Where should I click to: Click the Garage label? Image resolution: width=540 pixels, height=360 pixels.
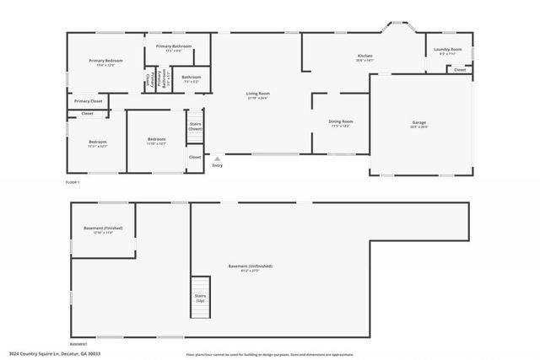tap(419, 124)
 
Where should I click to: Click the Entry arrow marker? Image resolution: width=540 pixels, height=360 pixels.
tap(218, 159)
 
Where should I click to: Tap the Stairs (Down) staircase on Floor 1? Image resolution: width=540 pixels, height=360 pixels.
tap(195, 127)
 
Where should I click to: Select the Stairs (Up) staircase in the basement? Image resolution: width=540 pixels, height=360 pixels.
tap(200, 298)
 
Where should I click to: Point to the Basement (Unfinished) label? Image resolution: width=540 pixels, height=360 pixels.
tap(251, 268)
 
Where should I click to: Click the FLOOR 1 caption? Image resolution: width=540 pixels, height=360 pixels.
tap(73, 182)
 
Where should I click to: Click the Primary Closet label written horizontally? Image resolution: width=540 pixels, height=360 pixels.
tap(88, 101)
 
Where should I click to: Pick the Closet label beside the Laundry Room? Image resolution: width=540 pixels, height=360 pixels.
tap(460, 70)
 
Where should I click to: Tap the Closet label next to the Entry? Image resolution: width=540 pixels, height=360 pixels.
tap(195, 157)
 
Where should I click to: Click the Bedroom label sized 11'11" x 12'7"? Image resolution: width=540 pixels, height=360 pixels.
tap(97, 143)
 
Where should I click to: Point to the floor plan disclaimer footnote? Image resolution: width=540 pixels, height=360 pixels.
tap(278, 354)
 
